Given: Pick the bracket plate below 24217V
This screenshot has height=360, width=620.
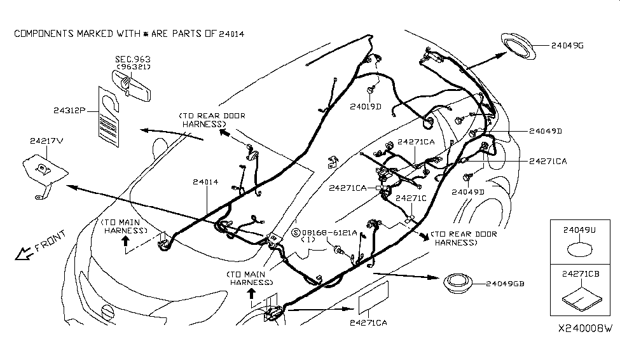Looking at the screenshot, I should tap(46, 170).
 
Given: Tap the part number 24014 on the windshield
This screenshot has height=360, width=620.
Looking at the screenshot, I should tap(206, 182).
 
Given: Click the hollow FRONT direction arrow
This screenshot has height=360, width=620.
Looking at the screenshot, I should tap(24, 254).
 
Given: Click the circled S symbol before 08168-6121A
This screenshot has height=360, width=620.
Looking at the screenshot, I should tap(295, 233).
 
